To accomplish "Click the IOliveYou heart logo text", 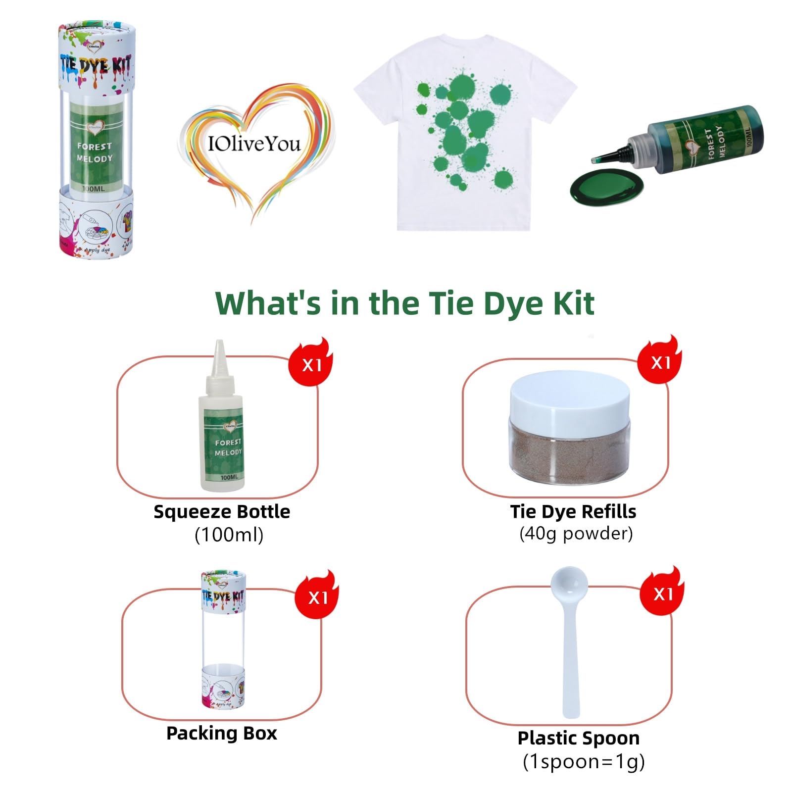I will pyautogui.click(x=254, y=144).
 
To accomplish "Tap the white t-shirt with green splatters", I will pyautogui.click(x=465, y=134).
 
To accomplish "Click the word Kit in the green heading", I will pyautogui.click(x=573, y=303).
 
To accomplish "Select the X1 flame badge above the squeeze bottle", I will pyautogui.click(x=311, y=364).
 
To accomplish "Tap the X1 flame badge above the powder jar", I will pyautogui.click(x=660, y=362).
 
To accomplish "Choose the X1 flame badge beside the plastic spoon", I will pyautogui.click(x=662, y=593).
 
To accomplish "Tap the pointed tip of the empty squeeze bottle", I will pyautogui.click(x=219, y=346).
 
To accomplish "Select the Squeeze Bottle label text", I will pyautogui.click(x=222, y=511).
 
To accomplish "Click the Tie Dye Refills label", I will pyautogui.click(x=573, y=511).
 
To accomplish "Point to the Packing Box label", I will pyautogui.click(x=222, y=733).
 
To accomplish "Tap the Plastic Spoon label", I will pyautogui.click(x=578, y=738).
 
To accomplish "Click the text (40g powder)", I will pyautogui.click(x=576, y=534).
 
